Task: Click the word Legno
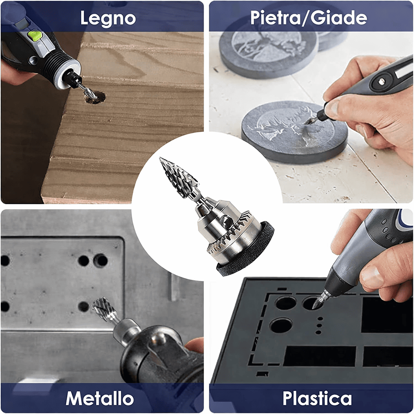tap(108, 18)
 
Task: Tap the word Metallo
tap(99, 399)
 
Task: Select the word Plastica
tap(317, 399)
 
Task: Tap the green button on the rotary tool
tap(36, 36)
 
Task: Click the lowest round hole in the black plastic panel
tap(281, 325)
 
